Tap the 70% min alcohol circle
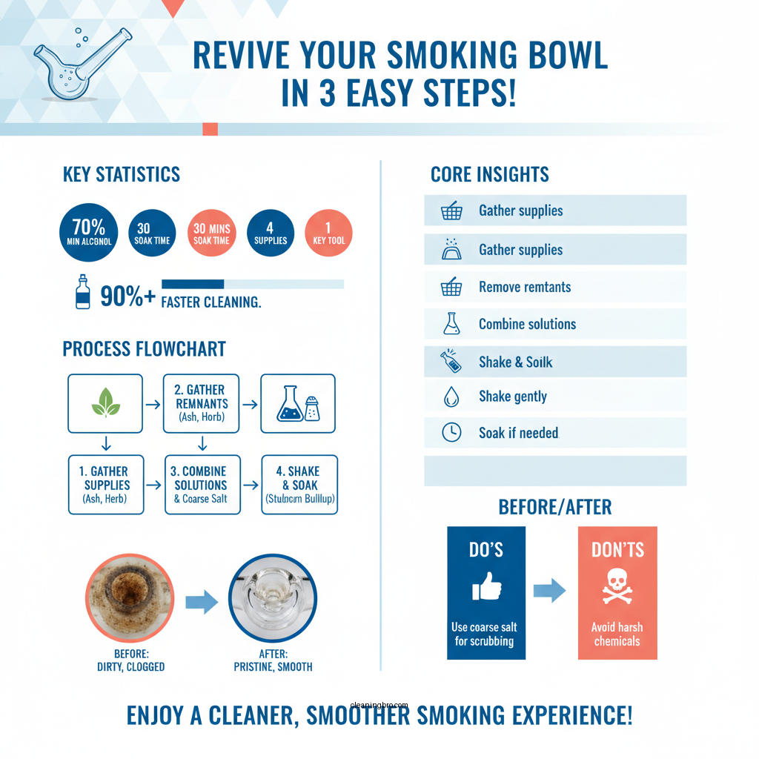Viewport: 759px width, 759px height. [x=88, y=233]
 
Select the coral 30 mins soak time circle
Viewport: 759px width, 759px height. [x=211, y=233]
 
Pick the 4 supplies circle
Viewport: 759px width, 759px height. [x=271, y=233]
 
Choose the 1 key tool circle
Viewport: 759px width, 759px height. [x=329, y=233]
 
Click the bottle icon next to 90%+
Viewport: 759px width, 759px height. [x=82, y=293]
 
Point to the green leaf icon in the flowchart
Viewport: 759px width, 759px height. [x=105, y=403]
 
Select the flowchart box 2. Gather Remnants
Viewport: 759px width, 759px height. [x=200, y=403]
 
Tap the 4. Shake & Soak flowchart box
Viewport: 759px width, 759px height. [x=300, y=485]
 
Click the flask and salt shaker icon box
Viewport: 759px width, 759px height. [x=298, y=403]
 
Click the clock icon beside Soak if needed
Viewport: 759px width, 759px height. [x=451, y=433]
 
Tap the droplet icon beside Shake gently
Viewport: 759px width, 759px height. [x=451, y=397]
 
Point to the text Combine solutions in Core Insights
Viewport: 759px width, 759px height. [x=527, y=324]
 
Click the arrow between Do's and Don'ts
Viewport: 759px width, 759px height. [x=549, y=591]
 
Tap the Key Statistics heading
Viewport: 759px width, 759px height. [x=122, y=175]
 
